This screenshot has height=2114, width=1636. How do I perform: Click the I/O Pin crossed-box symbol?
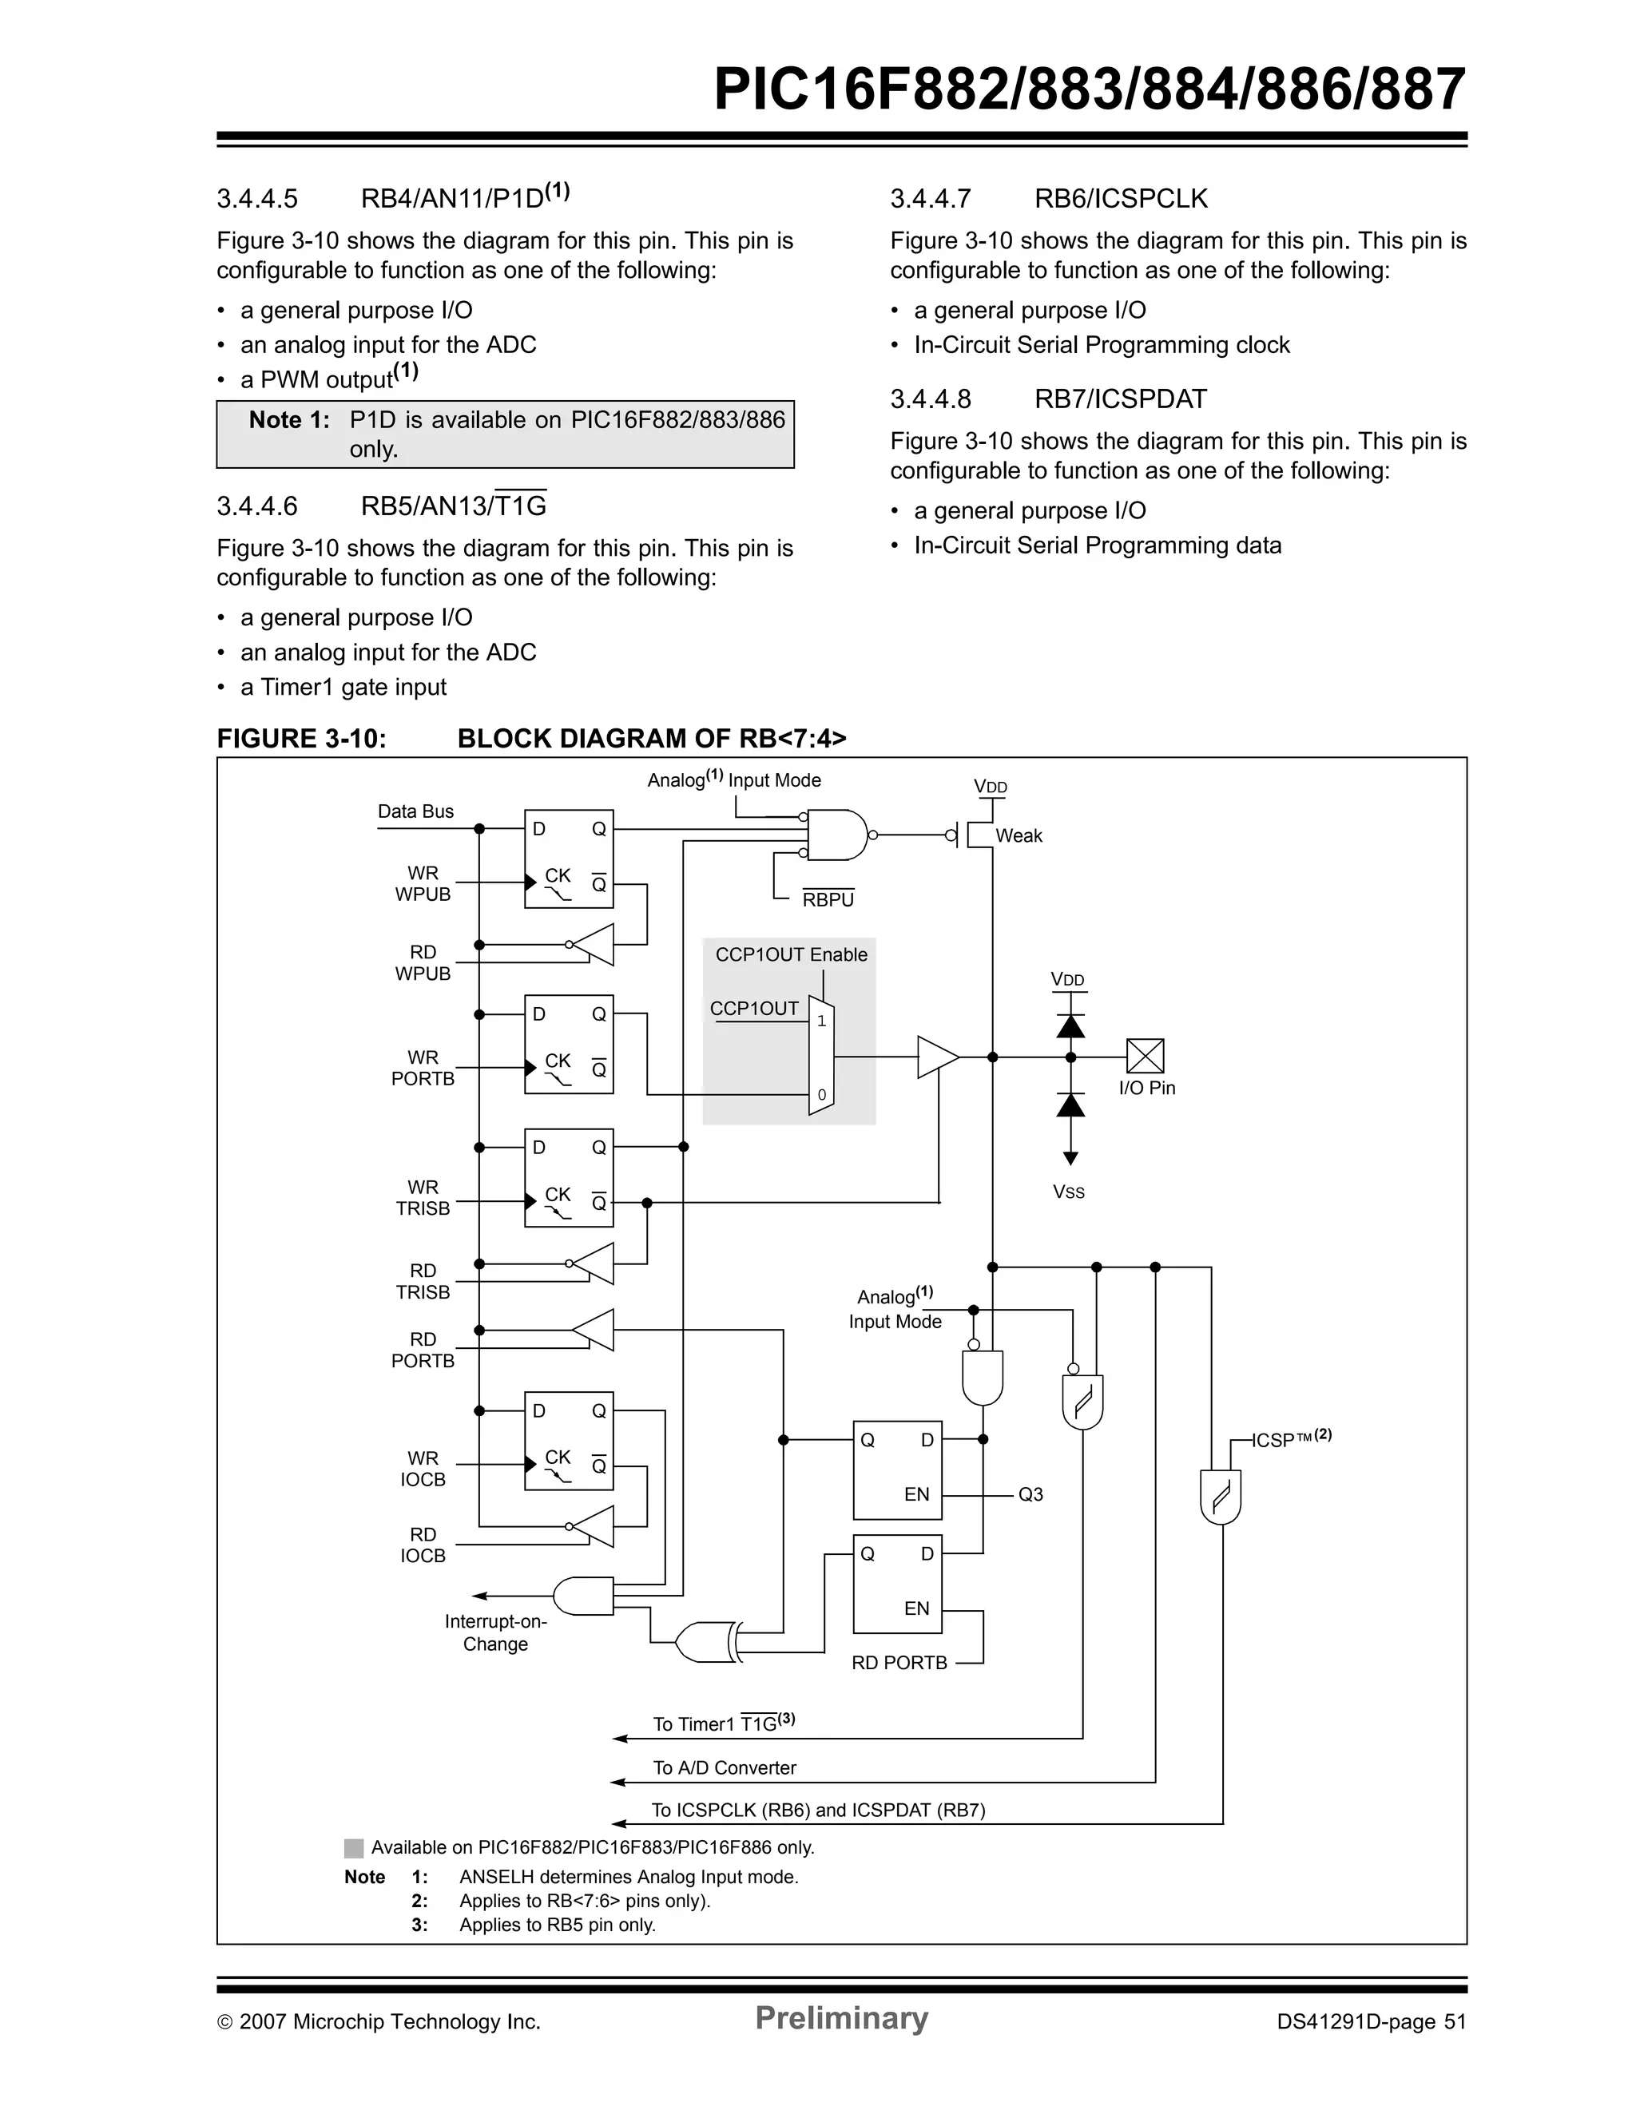pyautogui.click(x=1146, y=1056)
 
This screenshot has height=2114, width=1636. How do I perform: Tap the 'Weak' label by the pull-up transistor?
pyautogui.click(x=1019, y=835)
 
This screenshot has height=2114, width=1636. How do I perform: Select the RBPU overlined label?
pyautogui.click(x=828, y=899)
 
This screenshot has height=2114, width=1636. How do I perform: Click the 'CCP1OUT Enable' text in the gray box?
pyautogui.click(x=791, y=954)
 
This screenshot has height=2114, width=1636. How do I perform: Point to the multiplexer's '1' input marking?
pyautogui.click(x=821, y=1021)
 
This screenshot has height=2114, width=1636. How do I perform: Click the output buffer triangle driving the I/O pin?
pyautogui.click(x=936, y=1057)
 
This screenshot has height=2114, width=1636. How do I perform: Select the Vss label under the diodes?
pyautogui.click(x=1069, y=1192)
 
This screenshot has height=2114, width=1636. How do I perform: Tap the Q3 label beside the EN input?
pyautogui.click(x=1030, y=1494)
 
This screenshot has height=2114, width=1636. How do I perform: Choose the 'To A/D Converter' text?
pyautogui.click(x=724, y=1767)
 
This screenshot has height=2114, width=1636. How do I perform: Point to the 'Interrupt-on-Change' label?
pyautogui.click(x=495, y=1632)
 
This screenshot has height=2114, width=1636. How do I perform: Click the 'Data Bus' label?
pyautogui.click(x=415, y=811)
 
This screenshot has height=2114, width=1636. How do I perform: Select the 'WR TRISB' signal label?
pyautogui.click(x=423, y=1197)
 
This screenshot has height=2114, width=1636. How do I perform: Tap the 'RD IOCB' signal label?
pyautogui.click(x=423, y=1545)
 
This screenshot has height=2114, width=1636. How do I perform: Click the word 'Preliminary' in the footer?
pyautogui.click(x=841, y=2018)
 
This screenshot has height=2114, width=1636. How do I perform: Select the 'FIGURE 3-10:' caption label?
pyautogui.click(x=301, y=739)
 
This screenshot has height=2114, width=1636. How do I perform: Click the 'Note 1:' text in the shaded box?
pyautogui.click(x=288, y=420)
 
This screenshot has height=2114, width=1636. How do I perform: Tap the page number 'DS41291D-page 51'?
pyautogui.click(x=1371, y=2022)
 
